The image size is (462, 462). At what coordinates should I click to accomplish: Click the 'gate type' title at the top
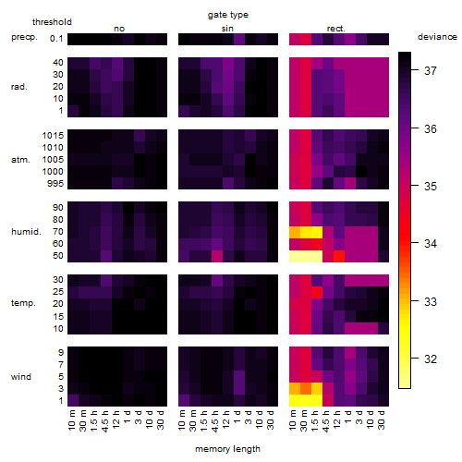[x=228, y=15]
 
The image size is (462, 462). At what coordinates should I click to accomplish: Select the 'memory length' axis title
[x=227, y=449]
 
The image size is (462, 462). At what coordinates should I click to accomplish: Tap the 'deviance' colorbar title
[x=437, y=37]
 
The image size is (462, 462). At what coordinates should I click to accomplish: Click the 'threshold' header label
[x=52, y=22]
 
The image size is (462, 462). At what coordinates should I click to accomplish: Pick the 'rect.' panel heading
[x=335, y=29]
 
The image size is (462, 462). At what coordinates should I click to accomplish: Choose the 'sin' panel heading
[x=227, y=29]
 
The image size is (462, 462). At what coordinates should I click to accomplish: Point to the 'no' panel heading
[x=119, y=29]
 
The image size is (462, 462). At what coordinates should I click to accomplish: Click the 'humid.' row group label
[x=26, y=232]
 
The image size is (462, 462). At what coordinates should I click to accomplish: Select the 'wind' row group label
[x=21, y=377]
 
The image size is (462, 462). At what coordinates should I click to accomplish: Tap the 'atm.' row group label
[x=20, y=160]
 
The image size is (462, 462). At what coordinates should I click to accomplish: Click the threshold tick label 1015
[x=53, y=136]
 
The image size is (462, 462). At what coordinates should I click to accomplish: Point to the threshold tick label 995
[x=55, y=184]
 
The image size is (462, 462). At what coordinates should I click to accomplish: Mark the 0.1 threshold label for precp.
[x=56, y=39]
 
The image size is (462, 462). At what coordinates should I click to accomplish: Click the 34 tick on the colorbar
[x=431, y=244]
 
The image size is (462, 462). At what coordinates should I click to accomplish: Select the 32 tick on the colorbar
[x=431, y=359]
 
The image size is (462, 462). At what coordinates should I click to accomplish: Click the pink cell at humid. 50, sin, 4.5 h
[x=217, y=256]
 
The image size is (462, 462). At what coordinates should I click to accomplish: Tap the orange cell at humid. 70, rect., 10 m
[x=295, y=232]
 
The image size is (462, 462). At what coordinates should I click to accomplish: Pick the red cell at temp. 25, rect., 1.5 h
[x=317, y=292]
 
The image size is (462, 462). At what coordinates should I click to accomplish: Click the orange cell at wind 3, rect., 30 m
[x=306, y=389]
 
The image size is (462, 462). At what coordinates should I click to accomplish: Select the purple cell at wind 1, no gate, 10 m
[x=73, y=400]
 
